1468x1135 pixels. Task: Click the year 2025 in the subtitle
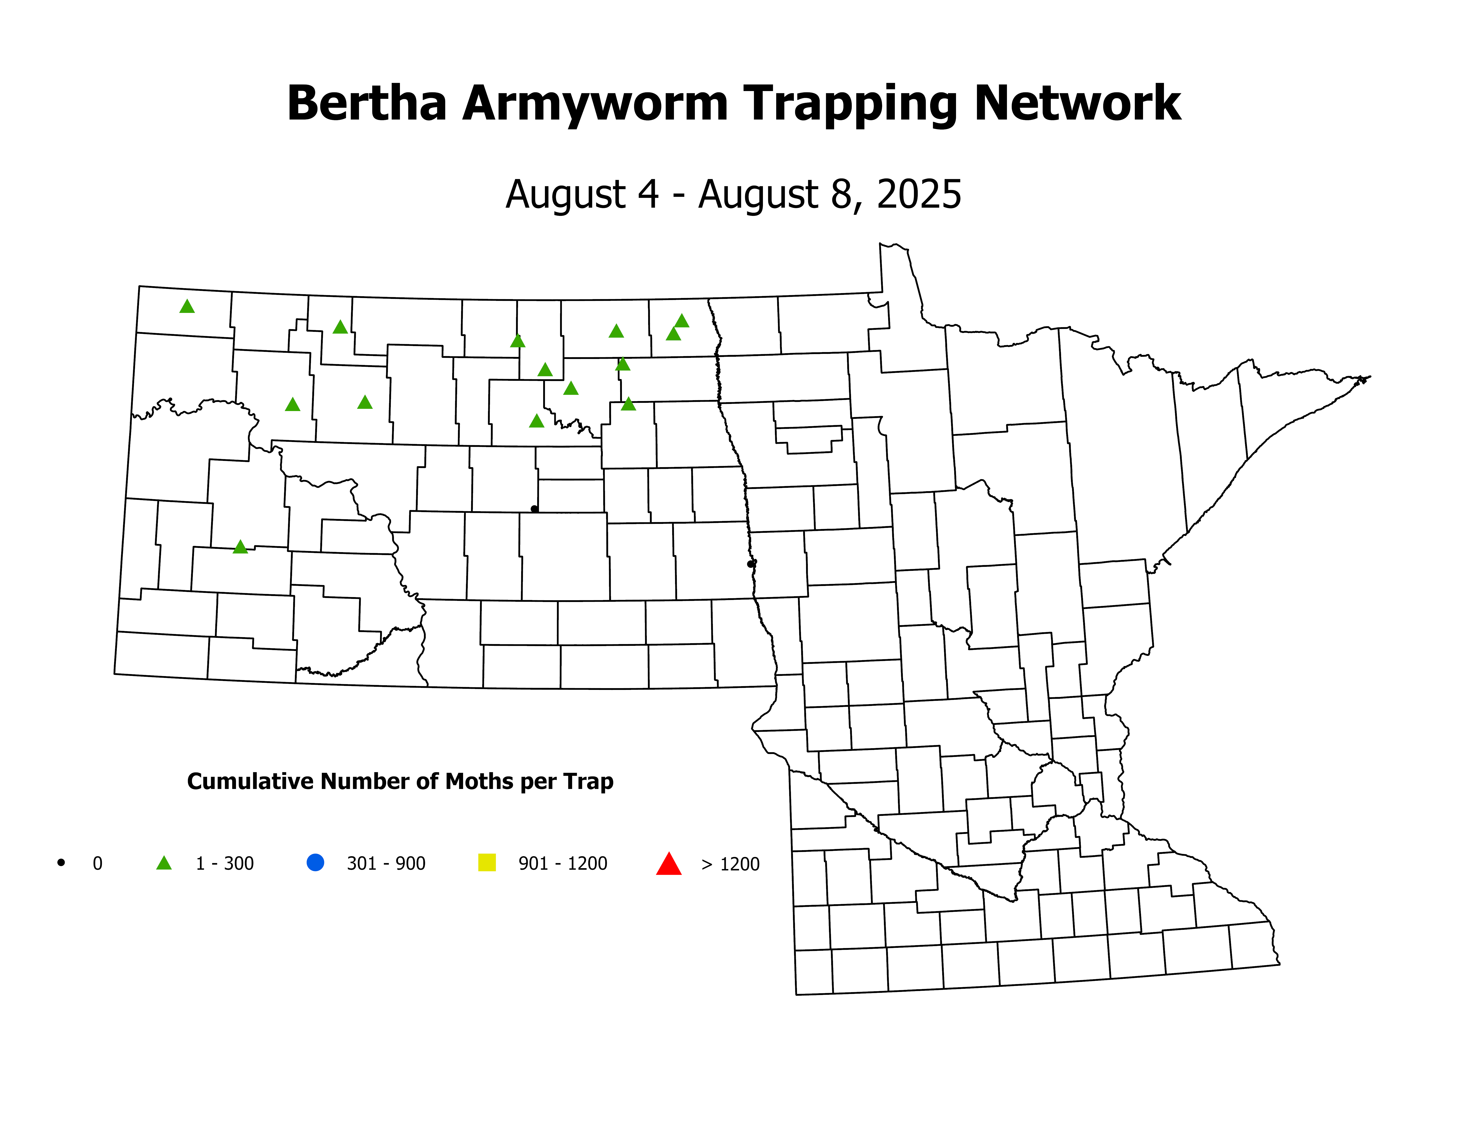click(x=919, y=195)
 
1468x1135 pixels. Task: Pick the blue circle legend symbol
click(x=315, y=862)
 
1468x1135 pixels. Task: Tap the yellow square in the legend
click(x=487, y=862)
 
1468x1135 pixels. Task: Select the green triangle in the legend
click(x=164, y=863)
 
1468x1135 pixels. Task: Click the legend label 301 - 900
click(x=386, y=863)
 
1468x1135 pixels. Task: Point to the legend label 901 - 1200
click(x=563, y=863)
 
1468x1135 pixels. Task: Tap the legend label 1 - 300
click(x=224, y=863)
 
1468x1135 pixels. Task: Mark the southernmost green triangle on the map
click(x=240, y=547)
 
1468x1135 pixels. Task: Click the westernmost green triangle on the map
click(x=187, y=307)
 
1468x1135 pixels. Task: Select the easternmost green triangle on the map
click(x=682, y=321)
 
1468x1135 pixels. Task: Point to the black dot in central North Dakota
click(x=534, y=509)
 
